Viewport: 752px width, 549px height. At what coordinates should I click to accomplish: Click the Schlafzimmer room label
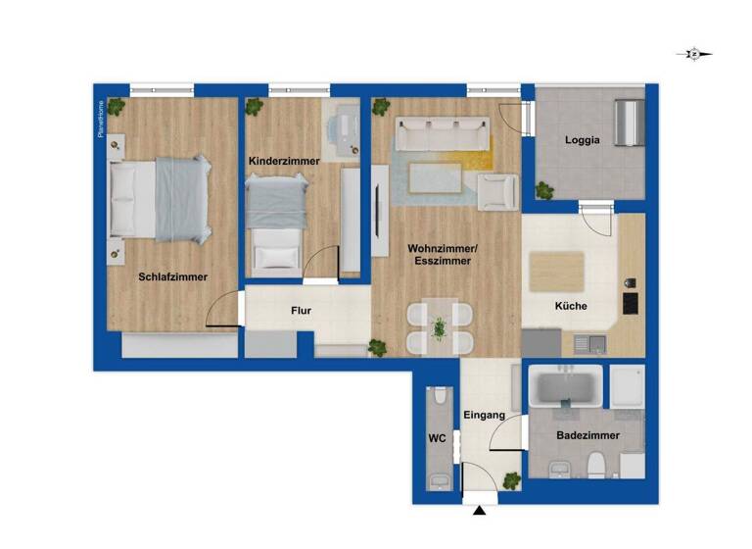click(172, 276)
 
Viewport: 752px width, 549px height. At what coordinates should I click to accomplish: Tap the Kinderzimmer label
click(280, 160)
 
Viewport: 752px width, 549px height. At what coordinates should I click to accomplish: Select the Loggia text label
click(582, 139)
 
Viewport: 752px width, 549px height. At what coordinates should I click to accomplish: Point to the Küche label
click(571, 306)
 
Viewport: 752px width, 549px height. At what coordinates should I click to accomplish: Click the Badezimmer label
click(586, 434)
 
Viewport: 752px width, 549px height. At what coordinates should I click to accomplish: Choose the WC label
click(437, 439)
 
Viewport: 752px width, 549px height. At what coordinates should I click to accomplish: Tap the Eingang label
click(486, 415)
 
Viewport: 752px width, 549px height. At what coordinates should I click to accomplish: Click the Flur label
click(301, 312)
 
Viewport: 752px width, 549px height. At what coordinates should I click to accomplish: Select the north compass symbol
click(694, 55)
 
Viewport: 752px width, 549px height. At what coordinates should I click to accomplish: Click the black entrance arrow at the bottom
click(479, 510)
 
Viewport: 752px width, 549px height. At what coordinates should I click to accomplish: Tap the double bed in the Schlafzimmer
click(161, 199)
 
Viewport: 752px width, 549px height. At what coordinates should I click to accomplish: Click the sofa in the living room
click(442, 132)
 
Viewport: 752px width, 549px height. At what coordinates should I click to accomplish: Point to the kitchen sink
click(589, 342)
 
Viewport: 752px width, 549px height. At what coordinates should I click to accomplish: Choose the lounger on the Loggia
click(627, 121)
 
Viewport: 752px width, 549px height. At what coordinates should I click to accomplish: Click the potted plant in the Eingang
click(511, 479)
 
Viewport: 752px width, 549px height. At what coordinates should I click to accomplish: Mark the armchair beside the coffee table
click(498, 190)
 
